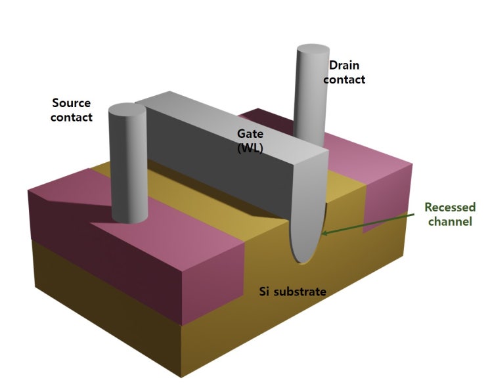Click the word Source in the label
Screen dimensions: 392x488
(x=71, y=103)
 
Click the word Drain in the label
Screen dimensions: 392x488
(x=345, y=65)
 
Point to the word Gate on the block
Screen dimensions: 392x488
(x=250, y=133)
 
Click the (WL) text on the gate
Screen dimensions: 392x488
(x=250, y=148)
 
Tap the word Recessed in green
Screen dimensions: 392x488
(x=449, y=207)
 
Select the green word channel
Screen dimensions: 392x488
(x=449, y=222)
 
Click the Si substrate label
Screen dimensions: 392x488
(x=292, y=291)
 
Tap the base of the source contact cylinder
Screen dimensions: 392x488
(x=129, y=218)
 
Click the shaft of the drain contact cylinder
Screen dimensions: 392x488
(x=309, y=98)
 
